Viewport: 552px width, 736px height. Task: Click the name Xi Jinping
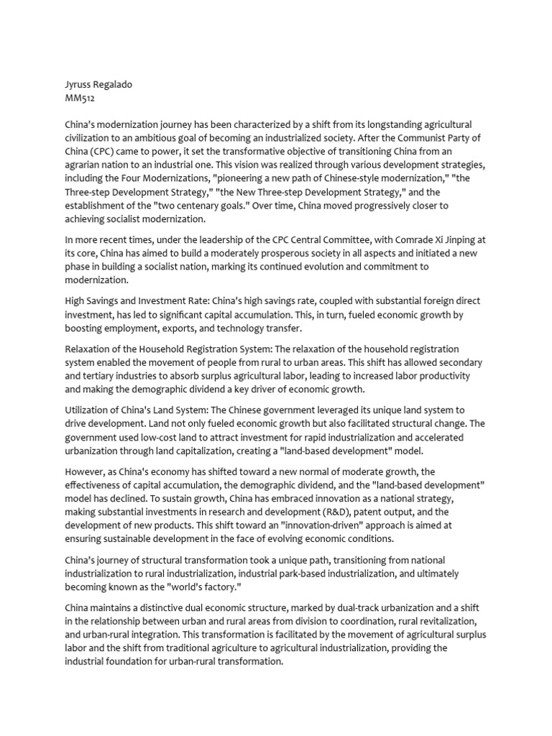[x=450, y=239]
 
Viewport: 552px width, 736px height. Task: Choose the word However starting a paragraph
[x=86, y=471]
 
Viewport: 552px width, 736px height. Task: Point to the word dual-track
[x=372, y=608]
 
